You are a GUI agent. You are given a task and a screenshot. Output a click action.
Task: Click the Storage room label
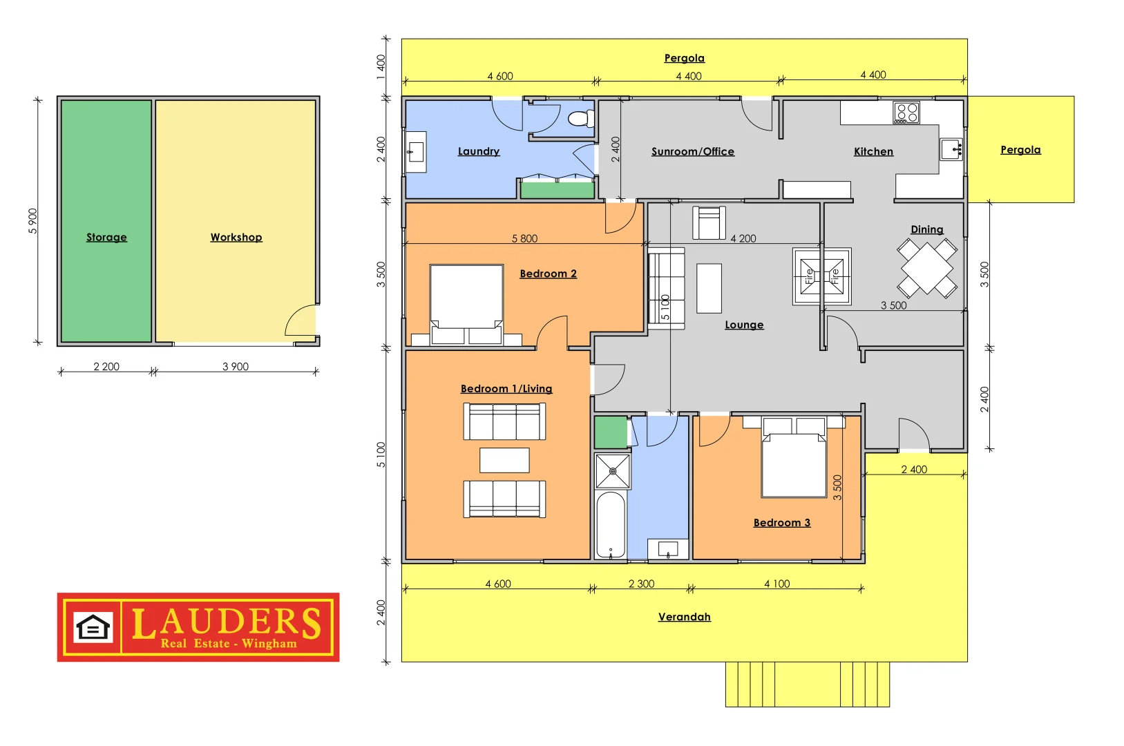[106, 238]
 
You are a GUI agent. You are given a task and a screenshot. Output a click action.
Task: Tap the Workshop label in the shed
[236, 238]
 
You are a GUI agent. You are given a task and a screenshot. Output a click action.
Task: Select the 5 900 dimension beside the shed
[33, 221]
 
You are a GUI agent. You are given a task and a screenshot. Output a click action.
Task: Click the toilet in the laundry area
[581, 119]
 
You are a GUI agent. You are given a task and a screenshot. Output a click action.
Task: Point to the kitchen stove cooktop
[906, 113]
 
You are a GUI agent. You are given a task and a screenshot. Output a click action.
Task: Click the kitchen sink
[951, 149]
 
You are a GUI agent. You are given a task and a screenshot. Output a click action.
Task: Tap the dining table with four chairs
[927, 269]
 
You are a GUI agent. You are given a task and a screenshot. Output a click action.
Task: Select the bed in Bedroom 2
[466, 305]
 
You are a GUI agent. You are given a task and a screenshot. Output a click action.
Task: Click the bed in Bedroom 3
[794, 457]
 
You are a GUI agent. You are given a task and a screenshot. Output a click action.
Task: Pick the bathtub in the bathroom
[611, 525]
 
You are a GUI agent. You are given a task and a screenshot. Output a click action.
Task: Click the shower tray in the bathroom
[613, 471]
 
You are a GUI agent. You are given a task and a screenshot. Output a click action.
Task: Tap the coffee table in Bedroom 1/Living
[504, 460]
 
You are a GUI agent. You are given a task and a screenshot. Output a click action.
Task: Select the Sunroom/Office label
[693, 151]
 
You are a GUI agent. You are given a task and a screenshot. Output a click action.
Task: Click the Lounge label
[744, 325]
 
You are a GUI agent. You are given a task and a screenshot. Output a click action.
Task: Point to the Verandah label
[685, 617]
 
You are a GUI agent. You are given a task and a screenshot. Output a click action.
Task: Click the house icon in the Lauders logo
[93, 627]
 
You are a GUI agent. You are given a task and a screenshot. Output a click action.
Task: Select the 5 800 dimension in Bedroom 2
[524, 238]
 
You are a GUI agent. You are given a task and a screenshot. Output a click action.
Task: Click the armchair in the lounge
[709, 222]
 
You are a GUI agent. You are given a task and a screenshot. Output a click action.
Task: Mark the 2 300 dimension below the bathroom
[641, 584]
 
